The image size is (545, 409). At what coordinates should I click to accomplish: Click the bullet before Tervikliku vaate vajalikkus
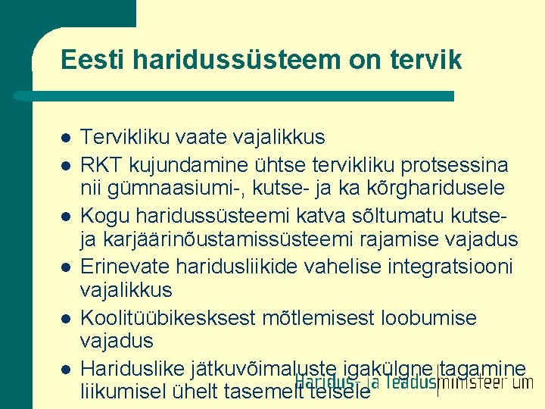67,139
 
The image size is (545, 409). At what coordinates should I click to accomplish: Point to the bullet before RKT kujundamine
67,164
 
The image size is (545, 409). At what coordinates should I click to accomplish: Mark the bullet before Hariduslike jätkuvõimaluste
67,370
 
